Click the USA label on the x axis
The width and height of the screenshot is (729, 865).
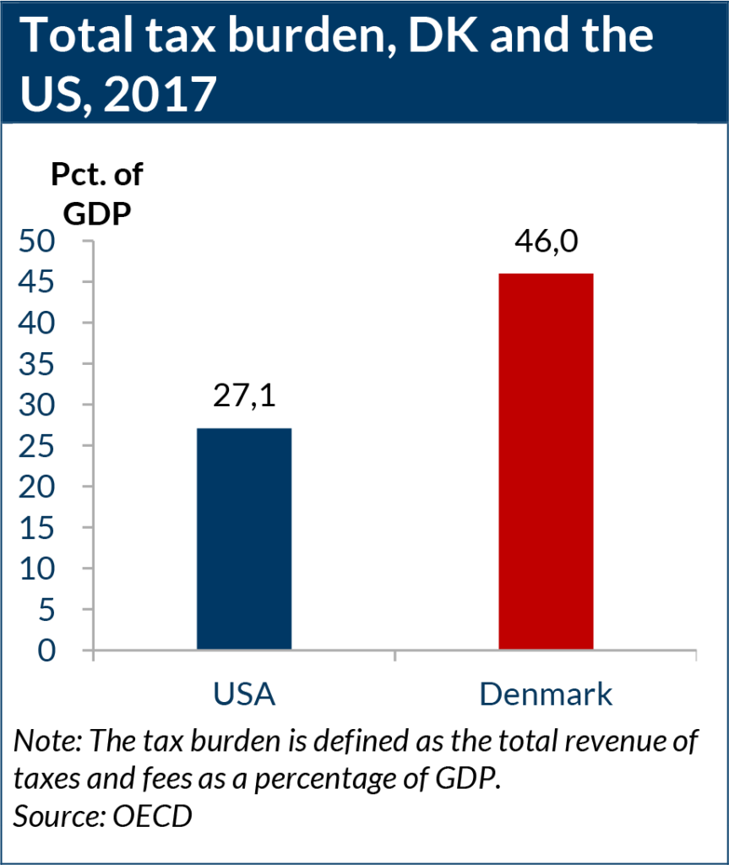[x=244, y=694]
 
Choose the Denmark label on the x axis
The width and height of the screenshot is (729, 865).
[x=546, y=694]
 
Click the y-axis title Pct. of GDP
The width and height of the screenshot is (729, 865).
[x=95, y=193]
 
